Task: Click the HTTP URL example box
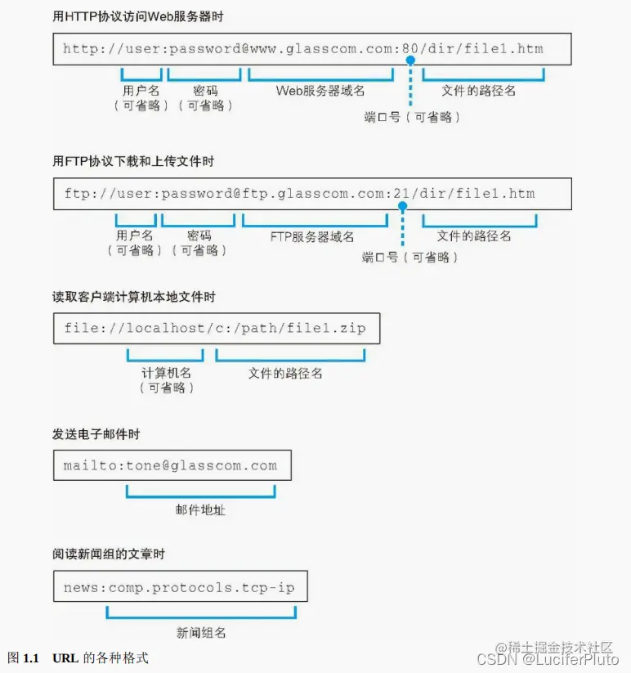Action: [311, 49]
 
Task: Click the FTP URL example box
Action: [311, 195]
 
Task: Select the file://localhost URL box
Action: [216, 329]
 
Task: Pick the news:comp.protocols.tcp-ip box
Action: [180, 587]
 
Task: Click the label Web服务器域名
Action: [320, 91]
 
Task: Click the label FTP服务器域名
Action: [312, 236]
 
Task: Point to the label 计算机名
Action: [167, 373]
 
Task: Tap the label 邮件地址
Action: [200, 509]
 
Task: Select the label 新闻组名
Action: [201, 632]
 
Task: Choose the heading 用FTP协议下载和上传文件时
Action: [133, 162]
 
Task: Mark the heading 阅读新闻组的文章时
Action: [109, 554]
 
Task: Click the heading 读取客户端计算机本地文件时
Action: [134, 297]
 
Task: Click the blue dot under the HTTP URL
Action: [410, 61]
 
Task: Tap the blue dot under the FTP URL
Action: [402, 206]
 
